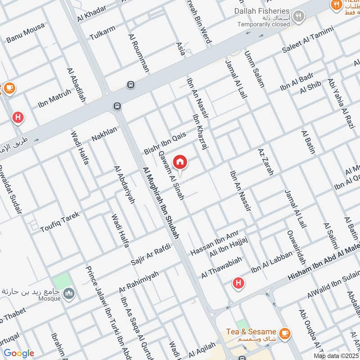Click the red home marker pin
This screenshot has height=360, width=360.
coord(180,162)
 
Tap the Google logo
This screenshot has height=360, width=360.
coord(19,353)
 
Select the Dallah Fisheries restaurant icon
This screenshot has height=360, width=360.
coord(297,17)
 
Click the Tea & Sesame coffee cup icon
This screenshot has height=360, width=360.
coord(284,333)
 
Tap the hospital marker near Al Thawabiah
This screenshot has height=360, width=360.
coord(238,283)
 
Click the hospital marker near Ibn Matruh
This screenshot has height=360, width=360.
coord(18,118)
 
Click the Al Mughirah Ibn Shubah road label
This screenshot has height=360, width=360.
coord(161,203)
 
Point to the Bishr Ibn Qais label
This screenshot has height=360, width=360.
coord(164,143)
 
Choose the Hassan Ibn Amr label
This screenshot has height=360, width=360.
coord(214,243)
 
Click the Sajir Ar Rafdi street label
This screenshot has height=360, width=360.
coord(150,254)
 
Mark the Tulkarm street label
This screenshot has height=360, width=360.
coord(102,32)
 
